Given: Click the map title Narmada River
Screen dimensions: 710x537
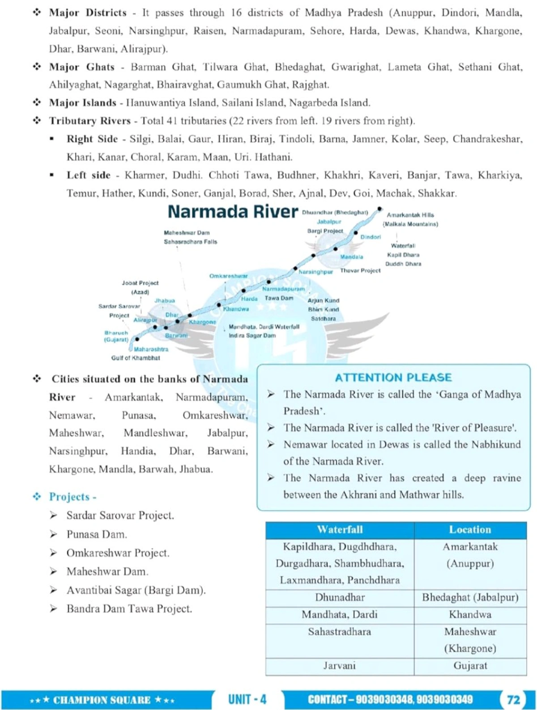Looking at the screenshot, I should click(233, 212).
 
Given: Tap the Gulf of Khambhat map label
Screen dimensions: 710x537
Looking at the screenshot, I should click(136, 358).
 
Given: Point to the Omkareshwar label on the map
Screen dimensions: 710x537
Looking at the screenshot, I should click(228, 276).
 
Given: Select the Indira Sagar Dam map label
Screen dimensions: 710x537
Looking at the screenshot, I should click(252, 335).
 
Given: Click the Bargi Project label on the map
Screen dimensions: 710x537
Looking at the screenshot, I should click(325, 231).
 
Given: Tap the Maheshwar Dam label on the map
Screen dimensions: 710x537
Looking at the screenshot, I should click(187, 233).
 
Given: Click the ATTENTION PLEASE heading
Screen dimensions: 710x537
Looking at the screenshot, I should click(393, 377).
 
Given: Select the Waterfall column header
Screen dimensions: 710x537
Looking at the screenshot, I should click(340, 530).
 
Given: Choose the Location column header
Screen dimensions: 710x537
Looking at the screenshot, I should click(470, 530).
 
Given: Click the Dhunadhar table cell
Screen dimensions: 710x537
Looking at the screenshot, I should click(340, 598).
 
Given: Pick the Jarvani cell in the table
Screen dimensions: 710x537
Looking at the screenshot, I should click(340, 666).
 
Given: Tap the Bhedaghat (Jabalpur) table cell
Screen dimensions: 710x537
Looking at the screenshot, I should click(470, 598).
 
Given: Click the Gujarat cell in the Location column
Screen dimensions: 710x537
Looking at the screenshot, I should click(470, 666).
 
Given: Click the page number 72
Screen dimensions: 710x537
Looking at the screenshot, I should click(513, 700).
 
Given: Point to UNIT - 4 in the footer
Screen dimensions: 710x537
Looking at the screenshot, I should click(247, 699).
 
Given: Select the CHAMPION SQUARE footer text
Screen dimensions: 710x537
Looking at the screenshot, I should click(102, 700).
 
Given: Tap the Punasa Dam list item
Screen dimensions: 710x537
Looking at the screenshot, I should click(97, 534).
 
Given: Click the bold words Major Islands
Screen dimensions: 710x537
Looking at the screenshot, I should click(83, 103).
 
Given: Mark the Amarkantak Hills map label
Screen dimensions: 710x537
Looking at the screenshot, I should click(410, 215).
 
